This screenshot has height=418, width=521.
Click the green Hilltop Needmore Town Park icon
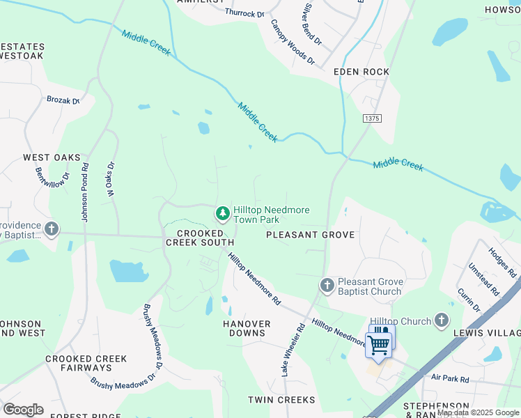coord(222,212)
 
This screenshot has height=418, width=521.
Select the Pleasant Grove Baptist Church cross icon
coord(327,285)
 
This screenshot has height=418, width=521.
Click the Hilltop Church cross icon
coord(440,320)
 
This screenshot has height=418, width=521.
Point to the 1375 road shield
coord(372,119)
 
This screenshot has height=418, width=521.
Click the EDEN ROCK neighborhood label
coord(361,72)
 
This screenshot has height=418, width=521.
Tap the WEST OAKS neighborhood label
coord(52,157)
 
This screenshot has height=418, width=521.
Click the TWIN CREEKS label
coord(281,400)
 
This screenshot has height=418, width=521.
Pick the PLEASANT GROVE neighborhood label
coord(311,235)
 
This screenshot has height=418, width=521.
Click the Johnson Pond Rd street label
coord(86,193)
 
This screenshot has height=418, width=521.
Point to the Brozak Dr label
coord(63,100)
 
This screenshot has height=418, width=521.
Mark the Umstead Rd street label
coord(483,277)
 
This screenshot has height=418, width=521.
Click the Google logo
coord(23,409)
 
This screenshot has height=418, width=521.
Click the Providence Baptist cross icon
coord(51,229)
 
